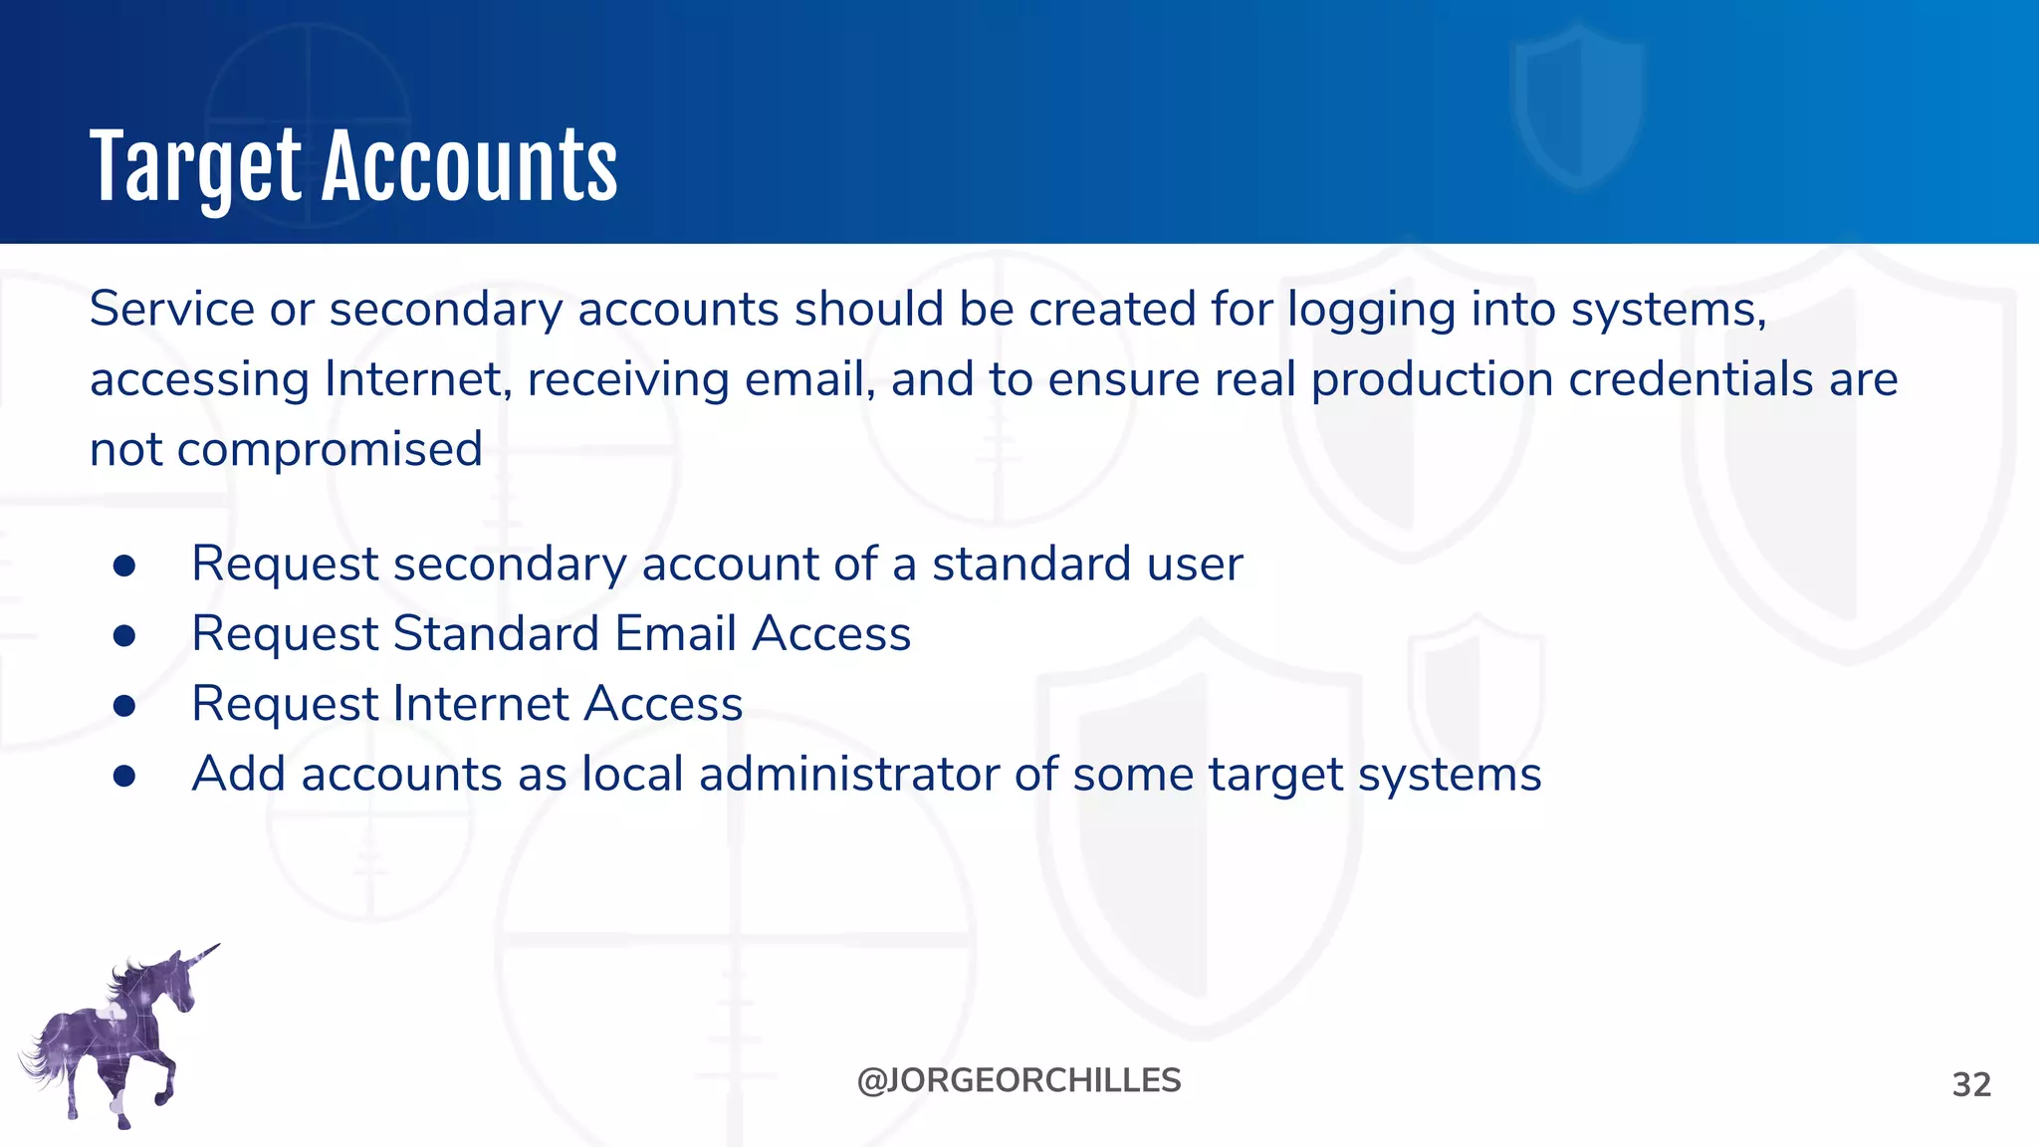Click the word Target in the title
click(194, 167)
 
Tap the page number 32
click(1971, 1084)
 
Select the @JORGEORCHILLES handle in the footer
click(1019, 1080)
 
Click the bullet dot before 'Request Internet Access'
click(124, 706)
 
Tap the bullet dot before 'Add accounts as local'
click(124, 776)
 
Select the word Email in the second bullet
click(676, 634)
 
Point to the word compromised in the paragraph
click(330, 449)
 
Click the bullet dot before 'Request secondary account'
click(124, 566)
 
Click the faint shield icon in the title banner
click(1578, 105)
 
